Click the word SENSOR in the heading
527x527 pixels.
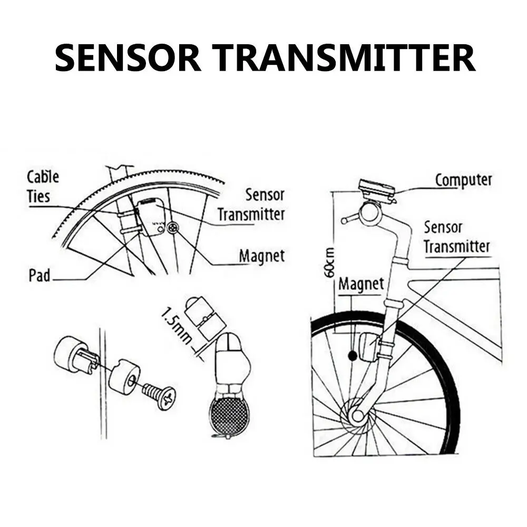pos(128,58)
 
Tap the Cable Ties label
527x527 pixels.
pos(43,187)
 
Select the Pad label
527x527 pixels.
pos(40,275)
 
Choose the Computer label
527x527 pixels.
pos(463,180)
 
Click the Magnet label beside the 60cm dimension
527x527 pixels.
pos(361,284)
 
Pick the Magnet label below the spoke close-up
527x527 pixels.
pos(261,257)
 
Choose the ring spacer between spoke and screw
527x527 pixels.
pos(124,377)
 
